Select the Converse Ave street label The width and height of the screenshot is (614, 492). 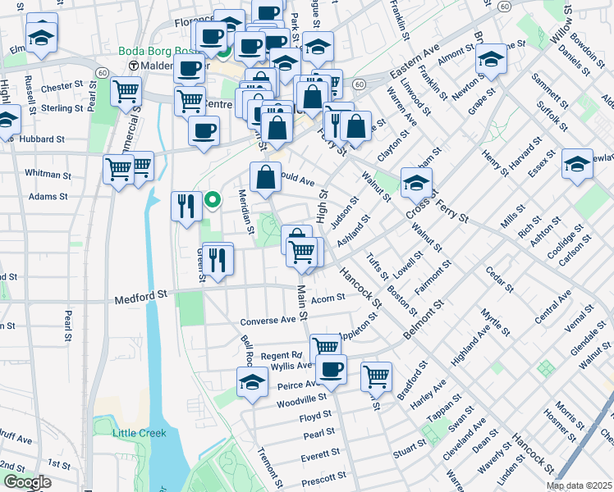click(x=268, y=320)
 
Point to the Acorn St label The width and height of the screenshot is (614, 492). click(x=328, y=299)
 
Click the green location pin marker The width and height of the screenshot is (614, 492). click(x=212, y=199)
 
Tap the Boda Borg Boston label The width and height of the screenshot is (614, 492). click(x=159, y=51)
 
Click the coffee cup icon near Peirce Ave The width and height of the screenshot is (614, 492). click(x=331, y=369)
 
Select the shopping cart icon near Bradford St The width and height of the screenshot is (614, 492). click(x=376, y=376)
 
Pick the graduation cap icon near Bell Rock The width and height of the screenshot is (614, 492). click(x=252, y=381)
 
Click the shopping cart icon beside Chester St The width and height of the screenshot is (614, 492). click(x=126, y=92)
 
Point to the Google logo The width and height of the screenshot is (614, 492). click(x=26, y=482)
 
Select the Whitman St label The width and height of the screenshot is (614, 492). click(x=48, y=174)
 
